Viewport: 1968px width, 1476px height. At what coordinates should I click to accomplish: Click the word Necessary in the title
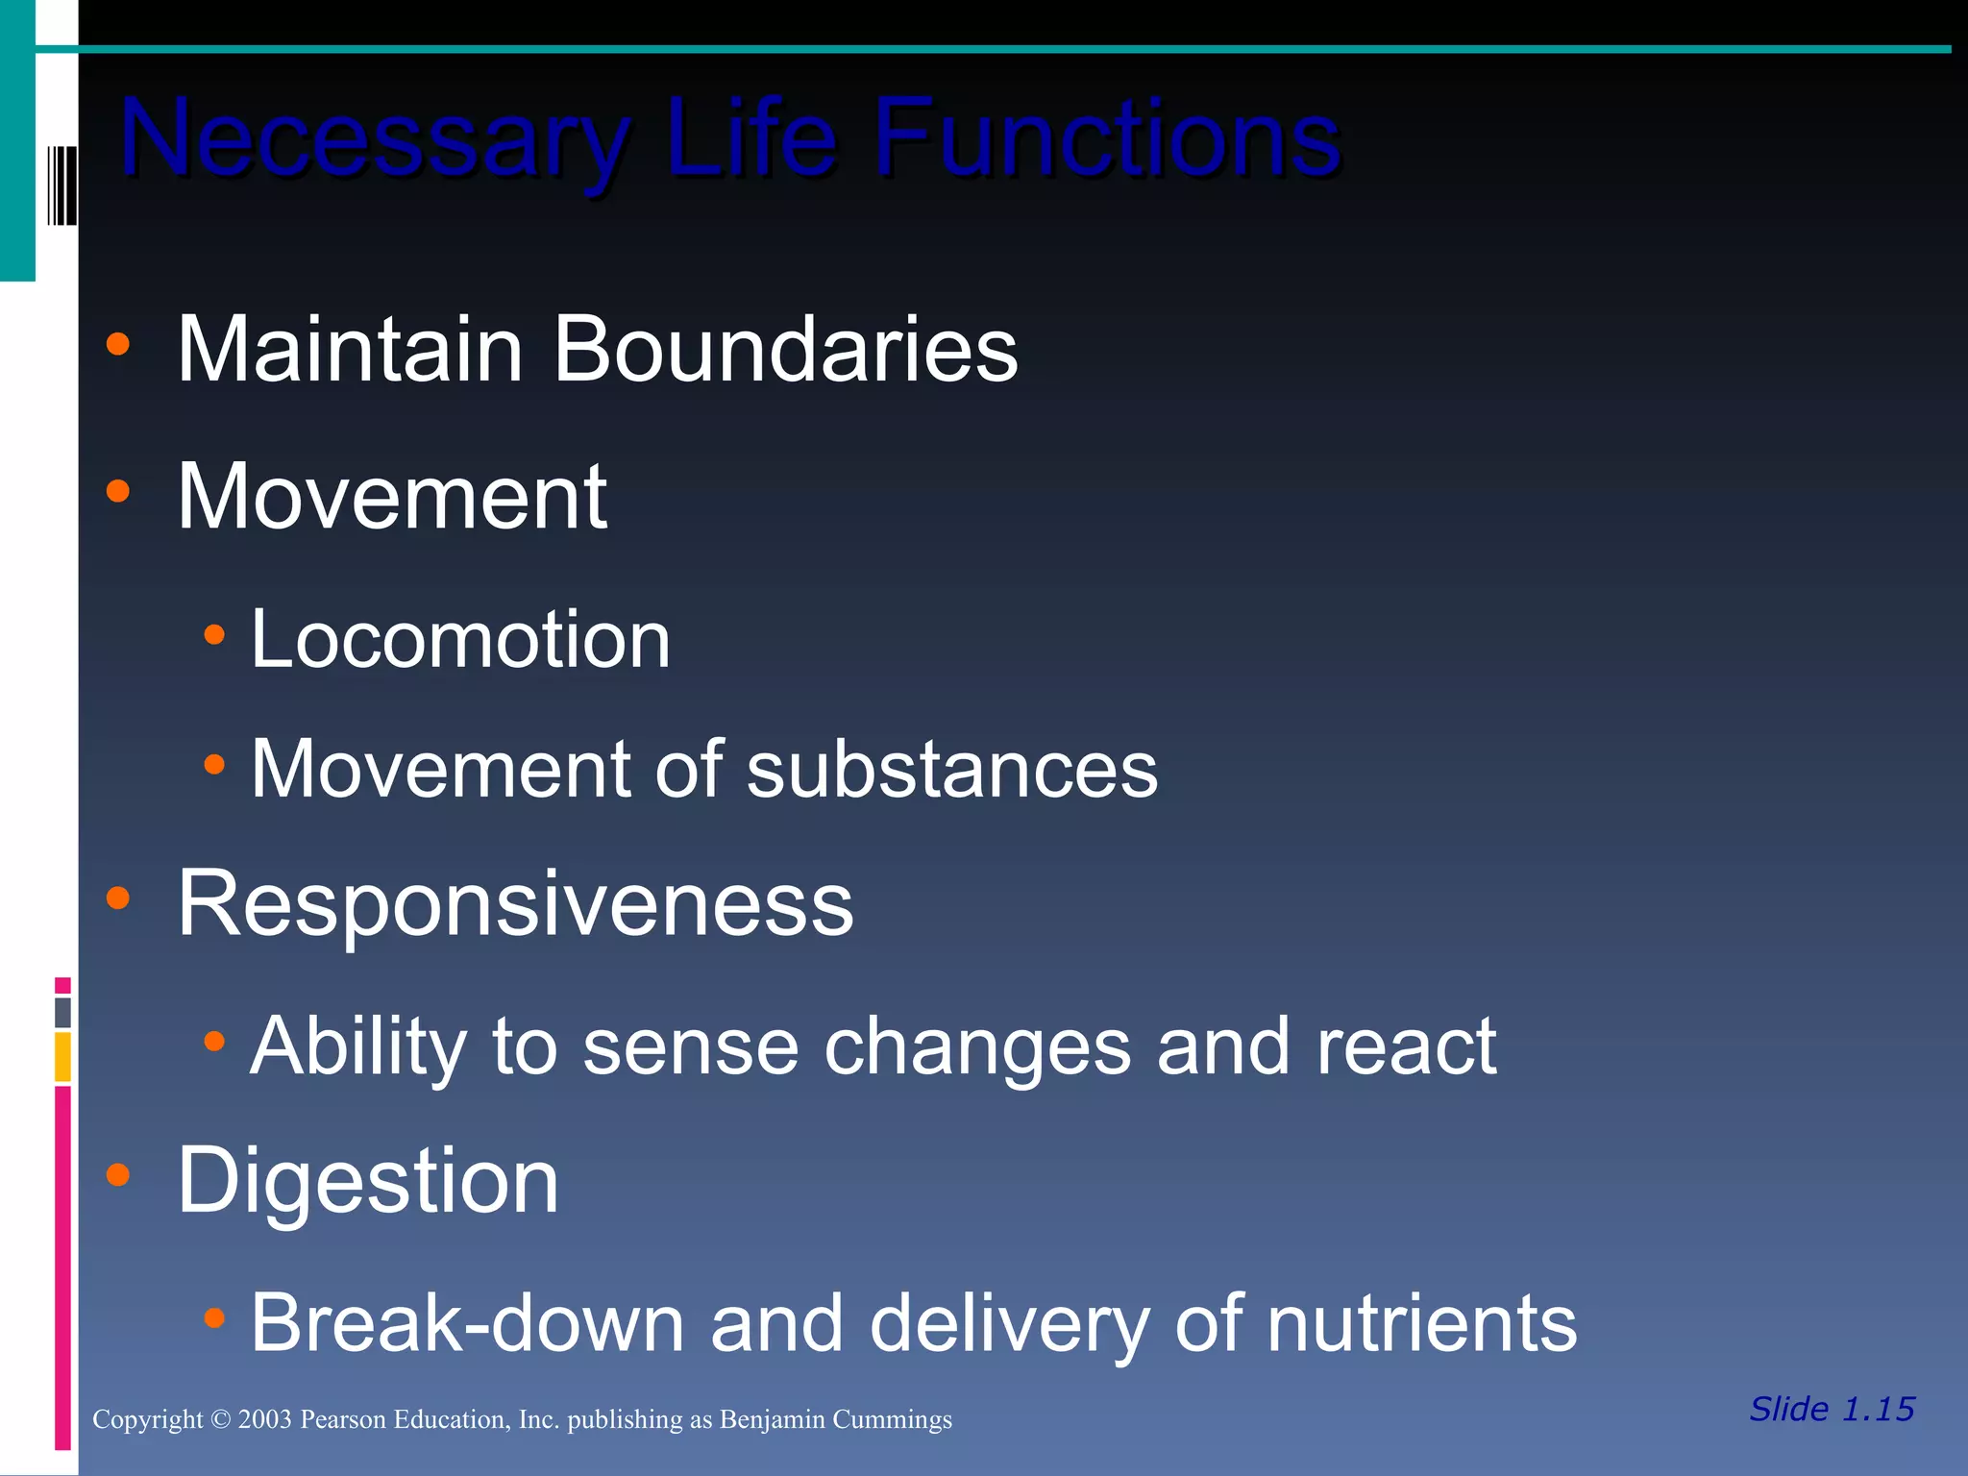coord(375,139)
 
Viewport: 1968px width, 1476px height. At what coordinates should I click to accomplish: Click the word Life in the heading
coord(750,139)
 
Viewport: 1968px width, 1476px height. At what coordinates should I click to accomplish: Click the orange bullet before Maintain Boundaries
coord(118,344)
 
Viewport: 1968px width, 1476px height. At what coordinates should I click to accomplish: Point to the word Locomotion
coord(460,640)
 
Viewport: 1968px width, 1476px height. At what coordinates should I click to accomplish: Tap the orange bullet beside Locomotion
coord(214,634)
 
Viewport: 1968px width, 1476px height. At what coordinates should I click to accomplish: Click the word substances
coord(952,770)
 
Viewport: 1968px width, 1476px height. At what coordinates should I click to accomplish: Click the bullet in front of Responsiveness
coord(118,898)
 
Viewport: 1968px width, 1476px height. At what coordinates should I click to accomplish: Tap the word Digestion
coord(368,1181)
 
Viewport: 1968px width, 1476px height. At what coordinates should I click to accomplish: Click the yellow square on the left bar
coord(62,1056)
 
